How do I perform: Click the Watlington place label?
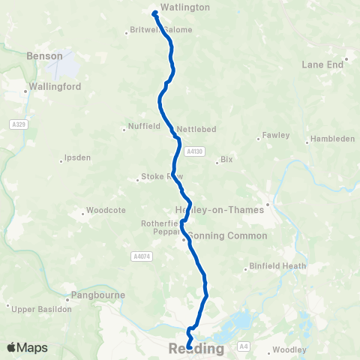[x=185, y=7]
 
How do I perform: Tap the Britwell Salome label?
[x=162, y=30]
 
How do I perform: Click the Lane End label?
[x=322, y=65]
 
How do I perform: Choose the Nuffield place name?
[x=145, y=127]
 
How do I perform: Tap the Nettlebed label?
[x=197, y=129]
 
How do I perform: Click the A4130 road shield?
[x=194, y=151]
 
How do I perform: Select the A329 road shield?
[x=19, y=124]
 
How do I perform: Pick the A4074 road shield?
[x=139, y=256]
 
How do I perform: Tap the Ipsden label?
[x=79, y=160]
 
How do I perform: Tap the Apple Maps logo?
[x=27, y=347]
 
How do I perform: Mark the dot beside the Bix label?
[x=217, y=160]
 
